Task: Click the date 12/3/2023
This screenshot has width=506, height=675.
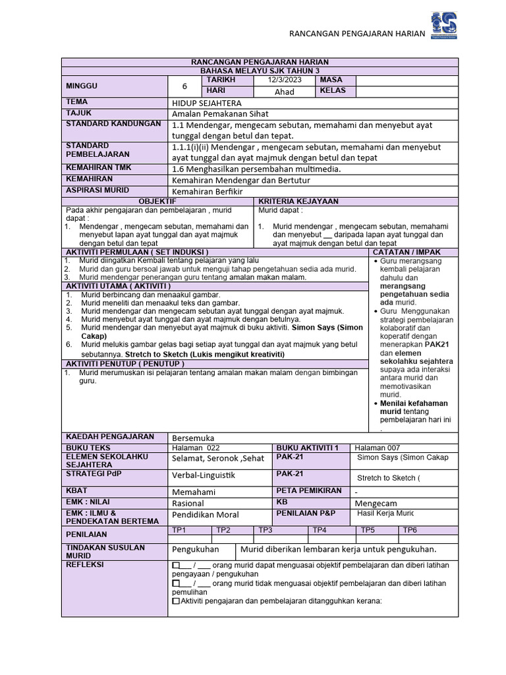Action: click(283, 80)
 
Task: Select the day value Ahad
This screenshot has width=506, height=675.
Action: click(284, 92)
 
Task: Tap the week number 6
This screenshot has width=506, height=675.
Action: click(185, 86)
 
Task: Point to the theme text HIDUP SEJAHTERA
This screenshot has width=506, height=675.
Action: click(206, 103)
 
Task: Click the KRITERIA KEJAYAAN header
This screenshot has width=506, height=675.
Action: click(298, 201)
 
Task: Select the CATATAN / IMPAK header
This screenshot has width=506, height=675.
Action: click(407, 252)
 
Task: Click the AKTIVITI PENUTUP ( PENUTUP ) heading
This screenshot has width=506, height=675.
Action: click(124, 364)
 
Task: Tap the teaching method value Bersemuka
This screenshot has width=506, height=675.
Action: click(193, 438)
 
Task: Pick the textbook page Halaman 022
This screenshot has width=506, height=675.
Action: click(195, 448)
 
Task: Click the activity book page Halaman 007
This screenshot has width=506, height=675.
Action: click(377, 448)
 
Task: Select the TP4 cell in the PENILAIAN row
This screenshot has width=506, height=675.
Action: click(320, 529)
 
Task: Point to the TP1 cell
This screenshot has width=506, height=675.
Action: click(179, 529)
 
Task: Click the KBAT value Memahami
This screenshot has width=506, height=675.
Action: click(195, 492)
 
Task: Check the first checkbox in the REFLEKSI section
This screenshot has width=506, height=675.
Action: click(175, 566)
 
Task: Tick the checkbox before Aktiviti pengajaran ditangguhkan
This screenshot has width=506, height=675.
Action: click(175, 601)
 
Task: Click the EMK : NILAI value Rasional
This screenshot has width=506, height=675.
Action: click(188, 503)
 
